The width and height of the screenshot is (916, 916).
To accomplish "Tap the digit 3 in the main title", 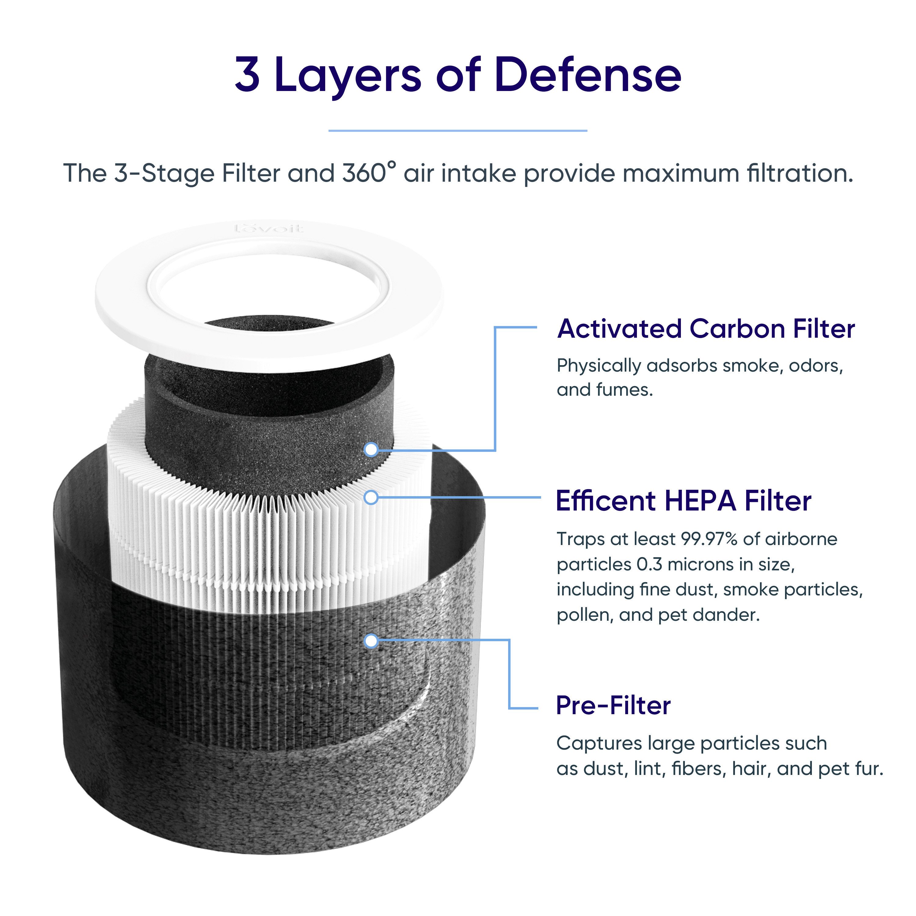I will point(248,75).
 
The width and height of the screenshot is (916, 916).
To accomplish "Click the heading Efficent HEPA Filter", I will point(683,501).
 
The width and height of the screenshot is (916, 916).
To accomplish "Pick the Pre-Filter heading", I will point(613,705).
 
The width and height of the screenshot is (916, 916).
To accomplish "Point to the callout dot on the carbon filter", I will point(371,449).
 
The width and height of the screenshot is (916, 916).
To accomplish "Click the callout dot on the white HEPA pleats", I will point(371,497).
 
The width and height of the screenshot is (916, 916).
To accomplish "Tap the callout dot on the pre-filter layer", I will point(371,641).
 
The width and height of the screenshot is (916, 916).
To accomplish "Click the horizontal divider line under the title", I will point(457,130).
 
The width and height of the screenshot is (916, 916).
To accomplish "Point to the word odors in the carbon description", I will point(815,365).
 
